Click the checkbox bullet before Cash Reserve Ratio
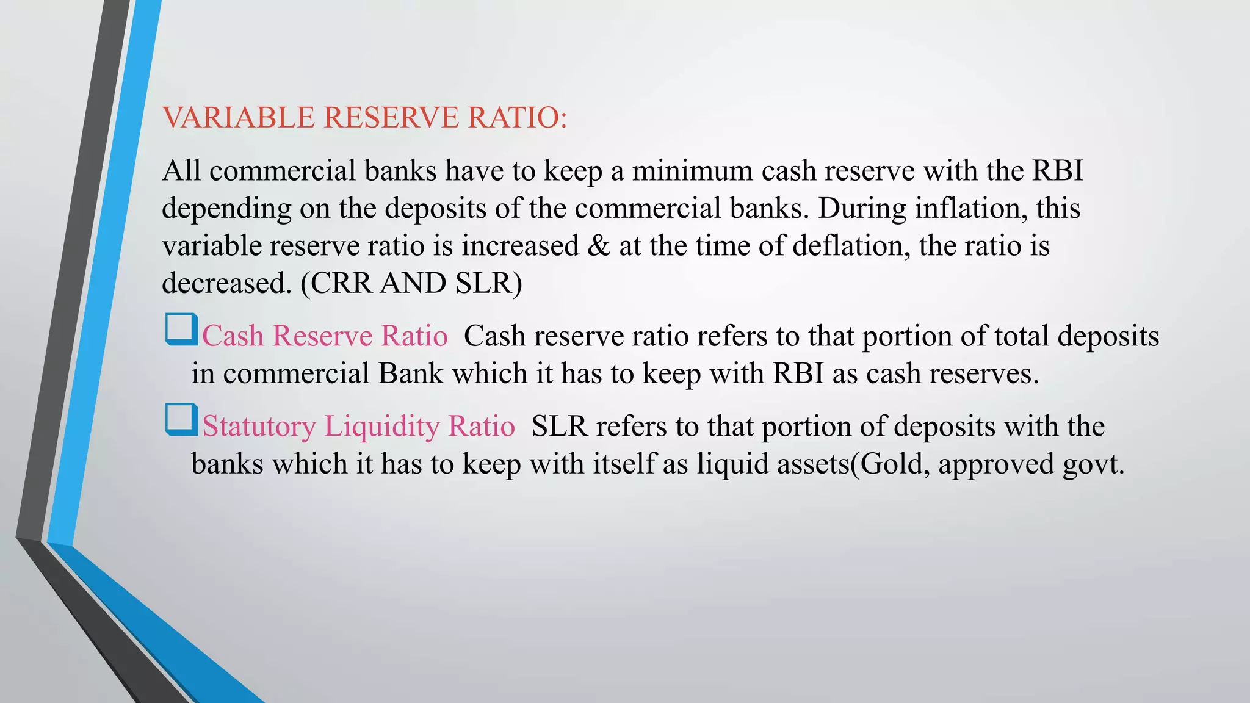click(181, 330)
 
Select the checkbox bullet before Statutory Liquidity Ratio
click(181, 420)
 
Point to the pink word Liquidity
click(381, 426)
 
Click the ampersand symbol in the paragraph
click(599, 246)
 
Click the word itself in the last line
click(626, 464)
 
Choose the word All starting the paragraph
click(182, 170)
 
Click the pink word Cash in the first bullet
click(233, 336)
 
